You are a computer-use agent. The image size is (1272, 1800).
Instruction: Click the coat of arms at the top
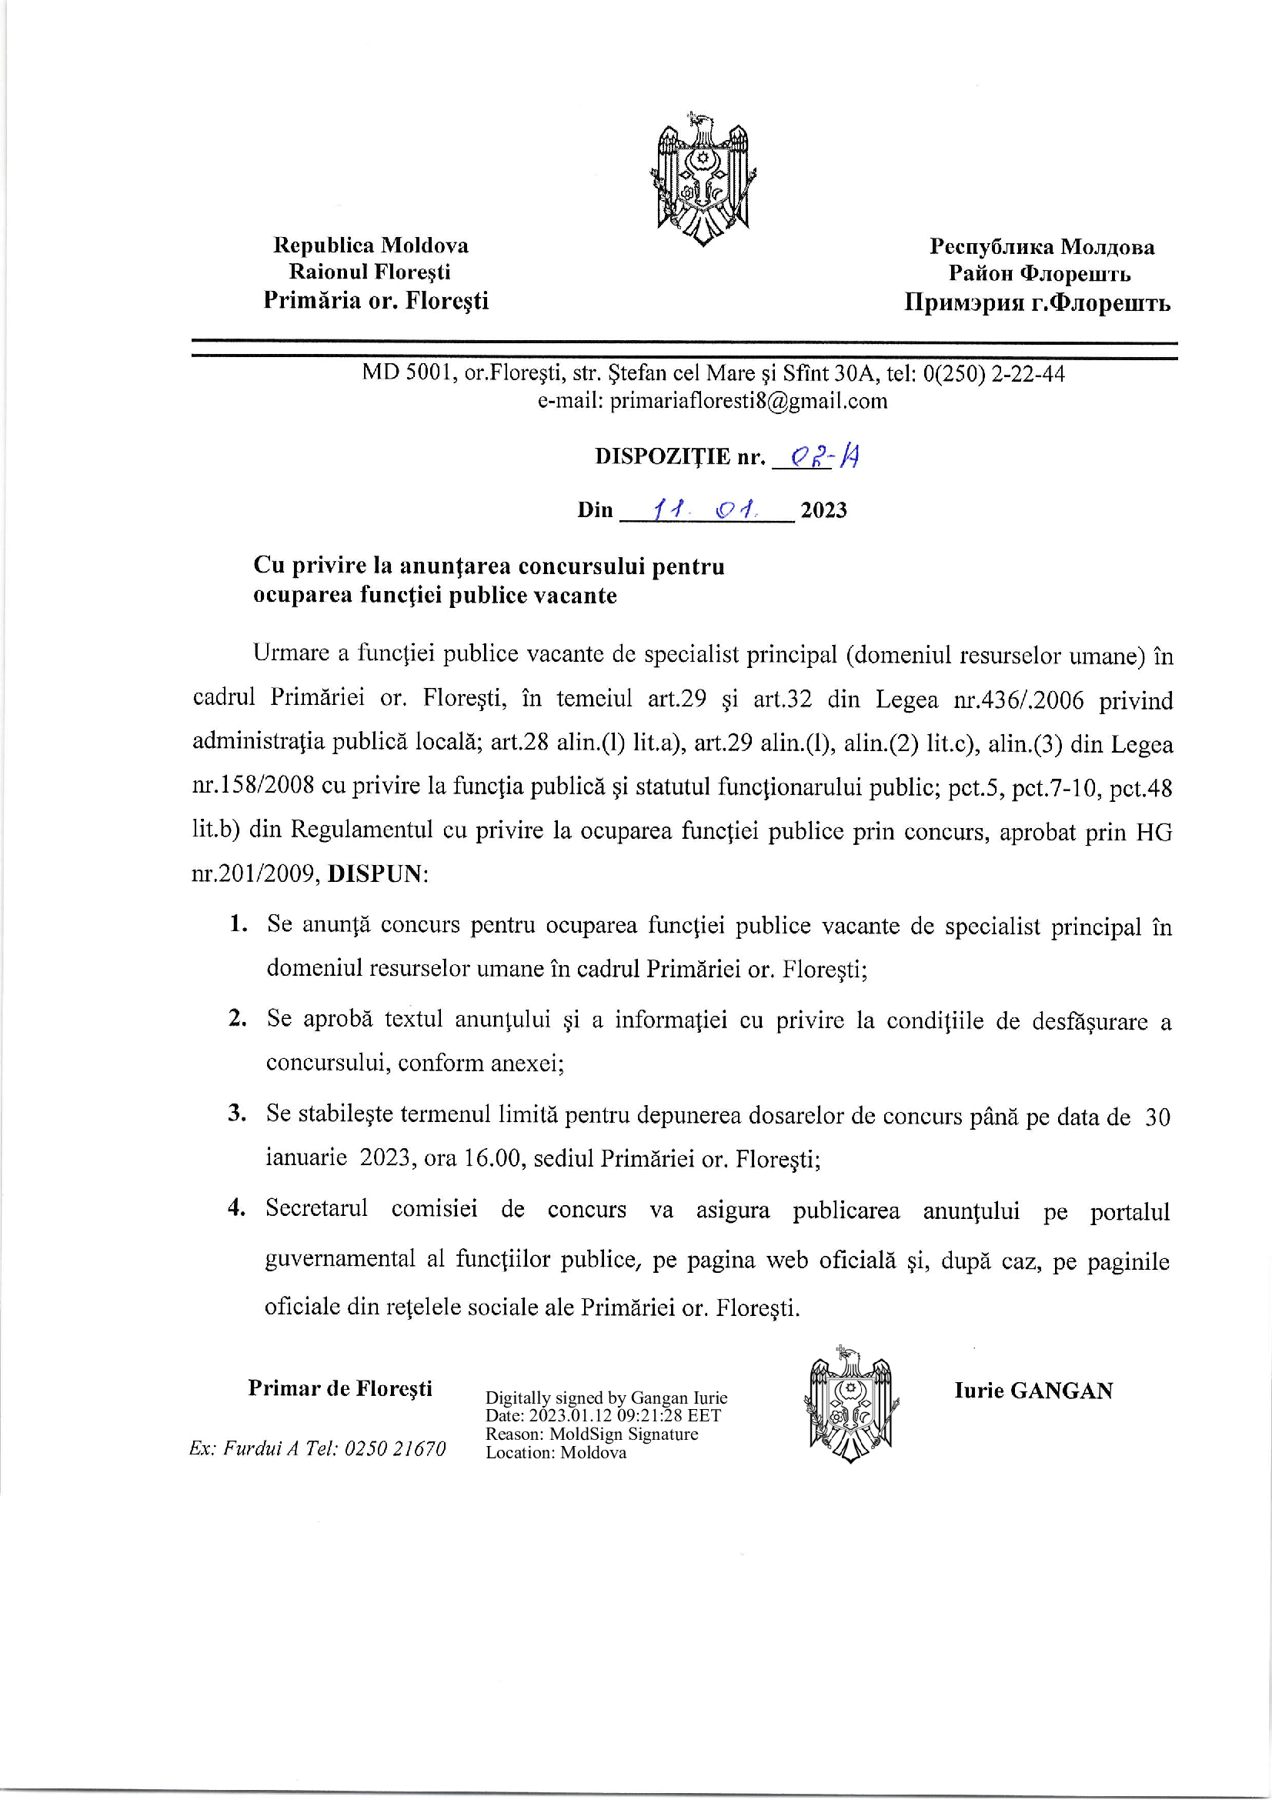(703, 179)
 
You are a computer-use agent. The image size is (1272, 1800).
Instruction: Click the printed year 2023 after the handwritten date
(823, 510)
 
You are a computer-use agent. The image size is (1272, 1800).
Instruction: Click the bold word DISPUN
(375, 874)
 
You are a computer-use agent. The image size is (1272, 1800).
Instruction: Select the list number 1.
(239, 923)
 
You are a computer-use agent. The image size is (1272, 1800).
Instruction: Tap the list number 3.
(237, 1113)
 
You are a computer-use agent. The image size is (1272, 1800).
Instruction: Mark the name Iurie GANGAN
(1033, 1391)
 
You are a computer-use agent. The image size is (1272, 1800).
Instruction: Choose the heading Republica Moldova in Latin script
(371, 245)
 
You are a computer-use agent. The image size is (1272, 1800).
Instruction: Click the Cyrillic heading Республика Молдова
(1042, 247)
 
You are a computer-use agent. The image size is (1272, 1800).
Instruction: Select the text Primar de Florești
(340, 1388)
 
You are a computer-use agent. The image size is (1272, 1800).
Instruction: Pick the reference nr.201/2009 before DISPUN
(253, 874)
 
